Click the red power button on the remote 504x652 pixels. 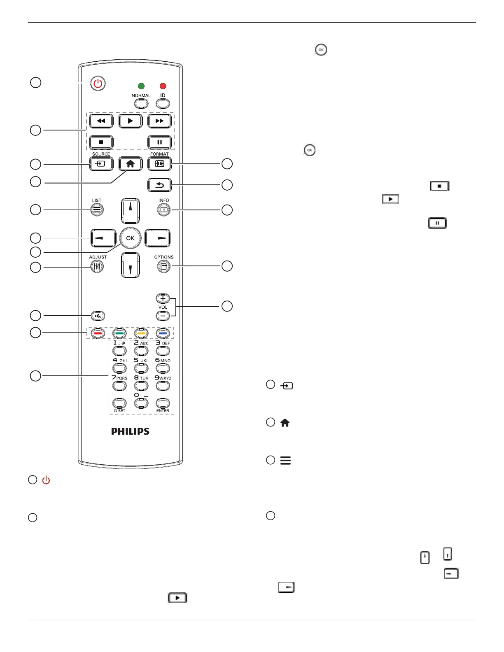click(98, 84)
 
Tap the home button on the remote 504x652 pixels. click(130, 164)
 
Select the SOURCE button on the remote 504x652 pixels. click(101, 164)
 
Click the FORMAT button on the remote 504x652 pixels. click(159, 164)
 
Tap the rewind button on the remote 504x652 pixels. click(101, 121)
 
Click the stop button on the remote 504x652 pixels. click(101, 142)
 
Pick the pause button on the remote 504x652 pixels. click(159, 142)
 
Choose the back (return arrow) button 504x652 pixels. click(159, 185)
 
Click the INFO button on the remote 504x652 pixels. click(163, 210)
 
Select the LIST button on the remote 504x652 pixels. click(96, 210)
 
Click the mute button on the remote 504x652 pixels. click(98, 316)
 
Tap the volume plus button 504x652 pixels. click(163, 298)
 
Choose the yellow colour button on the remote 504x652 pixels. click(141, 333)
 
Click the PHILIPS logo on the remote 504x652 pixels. click(130, 431)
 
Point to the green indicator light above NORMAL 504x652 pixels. click(141, 86)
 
